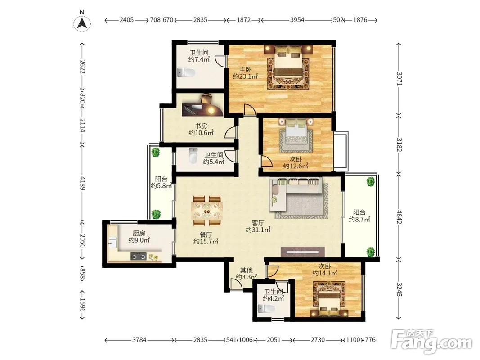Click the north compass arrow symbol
(x=82, y=23)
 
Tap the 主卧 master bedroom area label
(x=245, y=73)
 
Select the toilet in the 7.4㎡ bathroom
(x=186, y=73)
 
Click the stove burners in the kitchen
(x=139, y=256)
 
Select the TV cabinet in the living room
(x=302, y=252)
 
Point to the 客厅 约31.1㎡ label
(x=258, y=226)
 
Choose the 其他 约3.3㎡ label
(x=246, y=274)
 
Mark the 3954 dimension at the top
(x=297, y=20)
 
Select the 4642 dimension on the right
(x=399, y=217)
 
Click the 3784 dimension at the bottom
(x=139, y=340)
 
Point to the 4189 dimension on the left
(x=82, y=183)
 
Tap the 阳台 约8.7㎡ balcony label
(x=359, y=216)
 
